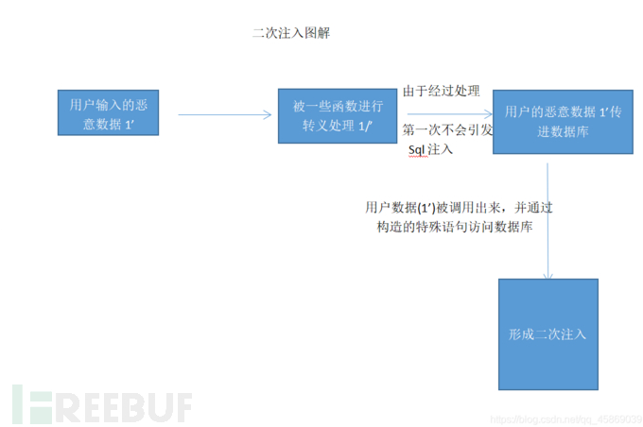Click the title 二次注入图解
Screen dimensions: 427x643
point(290,32)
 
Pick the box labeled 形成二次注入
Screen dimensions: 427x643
point(547,334)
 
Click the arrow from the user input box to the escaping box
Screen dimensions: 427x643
point(225,115)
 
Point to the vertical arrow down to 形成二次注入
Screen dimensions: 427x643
point(547,222)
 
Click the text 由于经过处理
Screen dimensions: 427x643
point(442,92)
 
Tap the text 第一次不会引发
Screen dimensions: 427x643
point(447,129)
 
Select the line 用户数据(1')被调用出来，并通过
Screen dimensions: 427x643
point(458,207)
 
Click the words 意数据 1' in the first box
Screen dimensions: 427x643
point(115,125)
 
